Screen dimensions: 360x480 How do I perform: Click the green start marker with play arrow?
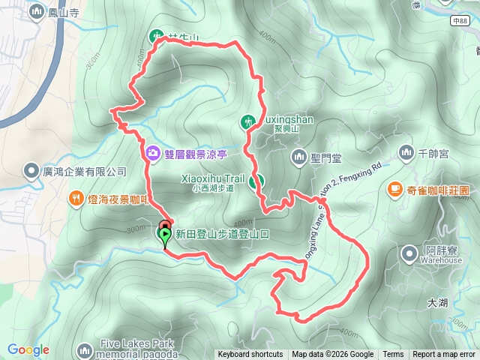click(164, 235)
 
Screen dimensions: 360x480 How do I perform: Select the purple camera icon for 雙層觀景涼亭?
click(154, 152)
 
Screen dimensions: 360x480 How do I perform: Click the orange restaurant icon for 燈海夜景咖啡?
click(76, 198)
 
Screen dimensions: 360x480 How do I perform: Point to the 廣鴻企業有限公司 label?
click(84, 172)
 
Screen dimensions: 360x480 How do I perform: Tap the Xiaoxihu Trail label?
click(213, 179)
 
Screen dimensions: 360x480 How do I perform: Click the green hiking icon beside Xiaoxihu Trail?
click(256, 181)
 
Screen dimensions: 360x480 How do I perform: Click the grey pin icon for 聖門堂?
click(298, 157)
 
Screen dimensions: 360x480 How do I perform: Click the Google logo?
click(28, 349)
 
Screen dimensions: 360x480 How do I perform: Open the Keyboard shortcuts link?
click(250, 355)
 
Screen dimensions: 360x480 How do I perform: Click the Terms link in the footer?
click(393, 355)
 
